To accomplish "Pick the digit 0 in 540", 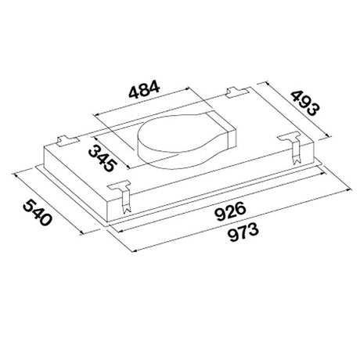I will tap(45, 223).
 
